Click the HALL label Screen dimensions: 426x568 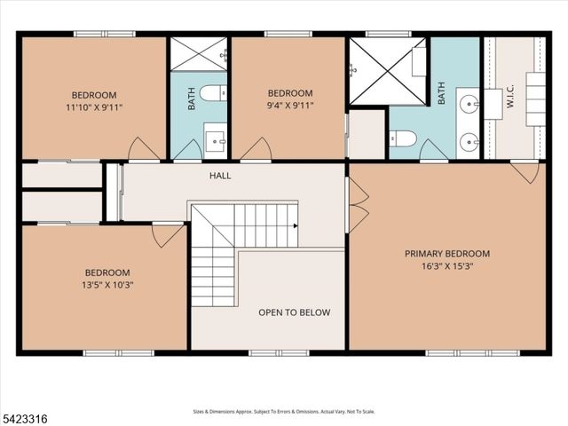220,176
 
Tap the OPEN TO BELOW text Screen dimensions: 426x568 294,312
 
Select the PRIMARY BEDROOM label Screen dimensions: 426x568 446,254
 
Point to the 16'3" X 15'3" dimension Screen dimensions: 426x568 446,265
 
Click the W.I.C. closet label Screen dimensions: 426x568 509,102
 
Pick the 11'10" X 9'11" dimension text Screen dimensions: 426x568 94,106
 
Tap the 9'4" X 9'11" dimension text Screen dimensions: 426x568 290,106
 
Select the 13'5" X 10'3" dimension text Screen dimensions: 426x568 106,285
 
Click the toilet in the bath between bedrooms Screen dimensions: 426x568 211,92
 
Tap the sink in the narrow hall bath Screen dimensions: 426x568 215,139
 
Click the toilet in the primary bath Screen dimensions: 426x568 403,138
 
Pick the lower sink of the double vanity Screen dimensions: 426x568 469,139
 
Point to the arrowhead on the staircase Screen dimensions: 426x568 296,225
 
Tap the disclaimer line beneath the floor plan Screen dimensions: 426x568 284,412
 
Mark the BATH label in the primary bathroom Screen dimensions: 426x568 441,92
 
